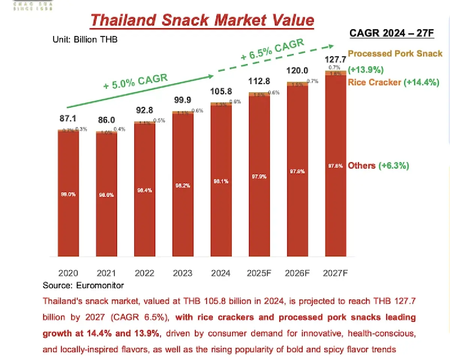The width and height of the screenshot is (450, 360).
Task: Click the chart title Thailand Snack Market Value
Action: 202,20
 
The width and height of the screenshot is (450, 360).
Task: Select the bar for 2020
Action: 68,193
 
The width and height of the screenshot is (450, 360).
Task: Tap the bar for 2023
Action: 183,184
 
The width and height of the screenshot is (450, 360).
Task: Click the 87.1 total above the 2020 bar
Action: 68,119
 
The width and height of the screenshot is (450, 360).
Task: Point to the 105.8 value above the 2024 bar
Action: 220,92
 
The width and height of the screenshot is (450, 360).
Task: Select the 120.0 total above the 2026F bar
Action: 297,71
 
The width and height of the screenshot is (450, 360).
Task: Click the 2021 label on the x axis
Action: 106,273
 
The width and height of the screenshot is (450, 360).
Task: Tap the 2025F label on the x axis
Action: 259,273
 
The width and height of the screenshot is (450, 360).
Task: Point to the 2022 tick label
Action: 144,273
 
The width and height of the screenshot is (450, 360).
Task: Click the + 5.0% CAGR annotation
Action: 135,81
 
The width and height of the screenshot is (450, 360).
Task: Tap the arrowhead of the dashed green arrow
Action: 330,46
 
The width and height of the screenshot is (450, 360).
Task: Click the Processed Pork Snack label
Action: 395,53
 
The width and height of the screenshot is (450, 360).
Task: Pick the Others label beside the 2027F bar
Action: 361,166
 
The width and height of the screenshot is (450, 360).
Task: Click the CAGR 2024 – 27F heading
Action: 391,33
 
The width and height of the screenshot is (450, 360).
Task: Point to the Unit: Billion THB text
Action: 85,39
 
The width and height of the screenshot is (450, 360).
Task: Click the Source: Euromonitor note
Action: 83,285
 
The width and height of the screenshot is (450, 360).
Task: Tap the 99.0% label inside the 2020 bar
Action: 68,194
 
